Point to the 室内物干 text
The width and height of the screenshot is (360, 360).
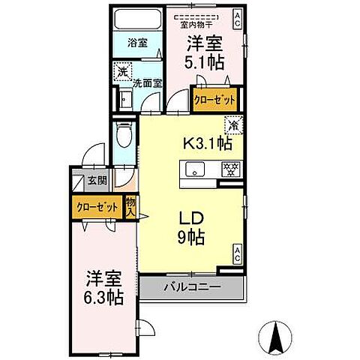pos(204,22)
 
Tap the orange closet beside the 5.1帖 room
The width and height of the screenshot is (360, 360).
pos(214,99)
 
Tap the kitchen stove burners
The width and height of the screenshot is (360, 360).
pos(230,169)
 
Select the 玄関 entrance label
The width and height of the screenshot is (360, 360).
pos(97,181)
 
